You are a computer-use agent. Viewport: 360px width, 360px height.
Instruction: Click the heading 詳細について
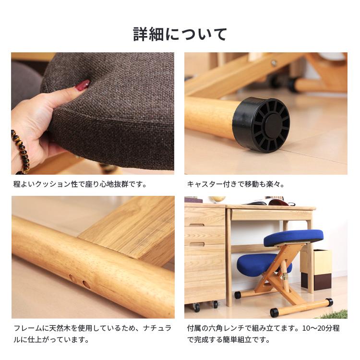(x=180, y=35)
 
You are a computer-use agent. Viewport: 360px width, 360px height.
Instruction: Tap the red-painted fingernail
(x=82, y=86)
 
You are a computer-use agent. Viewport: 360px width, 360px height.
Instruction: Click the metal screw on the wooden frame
(x=273, y=63)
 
